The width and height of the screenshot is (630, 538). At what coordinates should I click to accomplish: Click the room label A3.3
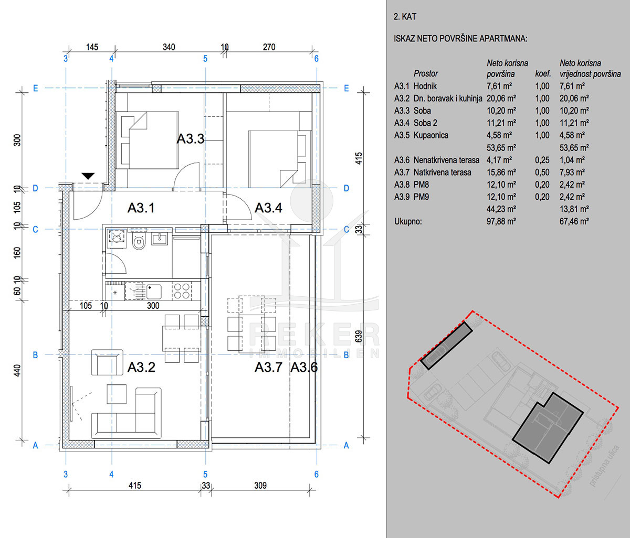pyautogui.click(x=191, y=139)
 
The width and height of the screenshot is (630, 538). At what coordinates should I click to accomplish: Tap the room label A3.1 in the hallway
pyautogui.click(x=141, y=208)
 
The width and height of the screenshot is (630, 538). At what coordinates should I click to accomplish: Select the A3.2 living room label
pyautogui.click(x=141, y=367)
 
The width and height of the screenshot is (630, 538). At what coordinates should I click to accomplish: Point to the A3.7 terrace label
pyautogui.click(x=268, y=367)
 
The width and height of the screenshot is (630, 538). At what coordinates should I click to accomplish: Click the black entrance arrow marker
pyautogui.click(x=88, y=176)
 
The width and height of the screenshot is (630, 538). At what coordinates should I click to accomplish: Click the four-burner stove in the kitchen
pyautogui.click(x=182, y=291)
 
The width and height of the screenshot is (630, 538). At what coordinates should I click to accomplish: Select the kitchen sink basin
pyautogui.click(x=154, y=292)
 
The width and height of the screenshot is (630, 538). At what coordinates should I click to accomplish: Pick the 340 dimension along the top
pyautogui.click(x=169, y=47)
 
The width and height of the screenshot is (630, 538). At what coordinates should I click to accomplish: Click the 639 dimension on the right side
pyautogui.click(x=359, y=337)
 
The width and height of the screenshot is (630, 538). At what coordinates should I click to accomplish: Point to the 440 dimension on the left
pyautogui.click(x=17, y=371)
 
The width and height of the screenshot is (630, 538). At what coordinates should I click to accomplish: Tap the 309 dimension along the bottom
pyautogui.click(x=260, y=486)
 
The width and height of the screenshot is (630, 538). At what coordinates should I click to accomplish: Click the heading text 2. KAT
pyautogui.click(x=405, y=17)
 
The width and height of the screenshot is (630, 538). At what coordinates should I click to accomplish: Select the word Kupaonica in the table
pyautogui.click(x=430, y=135)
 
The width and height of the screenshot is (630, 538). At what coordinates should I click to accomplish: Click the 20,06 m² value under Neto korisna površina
pyautogui.click(x=501, y=99)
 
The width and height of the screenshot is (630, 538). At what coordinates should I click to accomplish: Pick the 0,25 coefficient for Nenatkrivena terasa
pyautogui.click(x=542, y=160)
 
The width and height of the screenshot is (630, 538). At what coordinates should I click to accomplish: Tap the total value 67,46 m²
pyautogui.click(x=574, y=221)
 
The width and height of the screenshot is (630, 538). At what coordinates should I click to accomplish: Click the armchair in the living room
pyautogui.click(x=107, y=362)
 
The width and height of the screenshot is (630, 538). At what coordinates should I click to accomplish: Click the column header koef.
pyautogui.click(x=543, y=74)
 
